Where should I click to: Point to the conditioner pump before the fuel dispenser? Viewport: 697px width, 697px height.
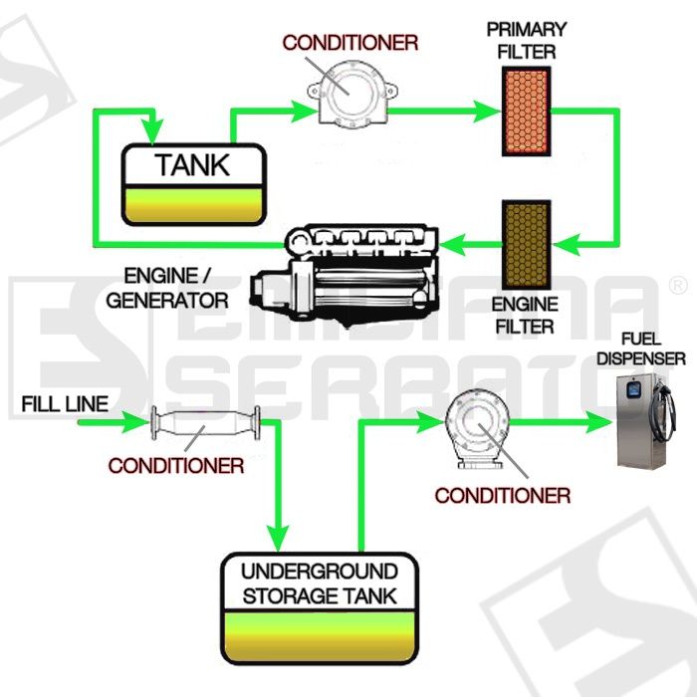click(479, 428)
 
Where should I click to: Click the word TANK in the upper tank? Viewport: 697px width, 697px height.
click(192, 165)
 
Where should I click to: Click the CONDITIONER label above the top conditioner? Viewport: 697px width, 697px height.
click(349, 43)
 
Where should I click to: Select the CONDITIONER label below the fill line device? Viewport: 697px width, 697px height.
click(175, 465)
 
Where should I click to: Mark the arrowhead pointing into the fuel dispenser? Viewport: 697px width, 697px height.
click(600, 422)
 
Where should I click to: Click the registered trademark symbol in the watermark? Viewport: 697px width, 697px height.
click(679, 286)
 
